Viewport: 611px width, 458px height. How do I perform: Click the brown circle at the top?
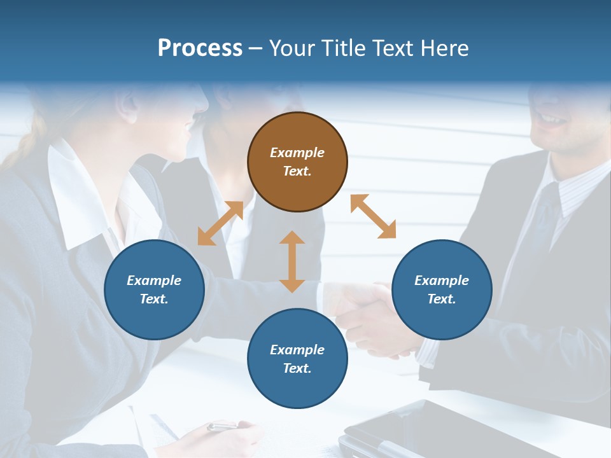297,162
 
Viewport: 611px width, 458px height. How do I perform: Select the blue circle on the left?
154,290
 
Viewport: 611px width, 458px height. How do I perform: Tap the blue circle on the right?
442,290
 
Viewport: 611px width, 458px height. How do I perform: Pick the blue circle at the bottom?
297,359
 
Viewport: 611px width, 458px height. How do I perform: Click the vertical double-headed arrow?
292,261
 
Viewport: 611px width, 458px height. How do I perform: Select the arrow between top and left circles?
220,223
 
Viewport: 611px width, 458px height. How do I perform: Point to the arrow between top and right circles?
373,216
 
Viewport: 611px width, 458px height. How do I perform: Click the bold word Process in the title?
200,48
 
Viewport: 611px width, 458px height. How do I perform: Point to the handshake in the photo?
366,312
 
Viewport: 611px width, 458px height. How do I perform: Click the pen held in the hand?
223,426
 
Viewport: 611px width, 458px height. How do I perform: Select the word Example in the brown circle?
297,153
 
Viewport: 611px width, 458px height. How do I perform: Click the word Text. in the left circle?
154,299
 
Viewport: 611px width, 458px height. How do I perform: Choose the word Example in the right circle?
442,281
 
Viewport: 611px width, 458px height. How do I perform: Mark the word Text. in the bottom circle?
297,368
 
